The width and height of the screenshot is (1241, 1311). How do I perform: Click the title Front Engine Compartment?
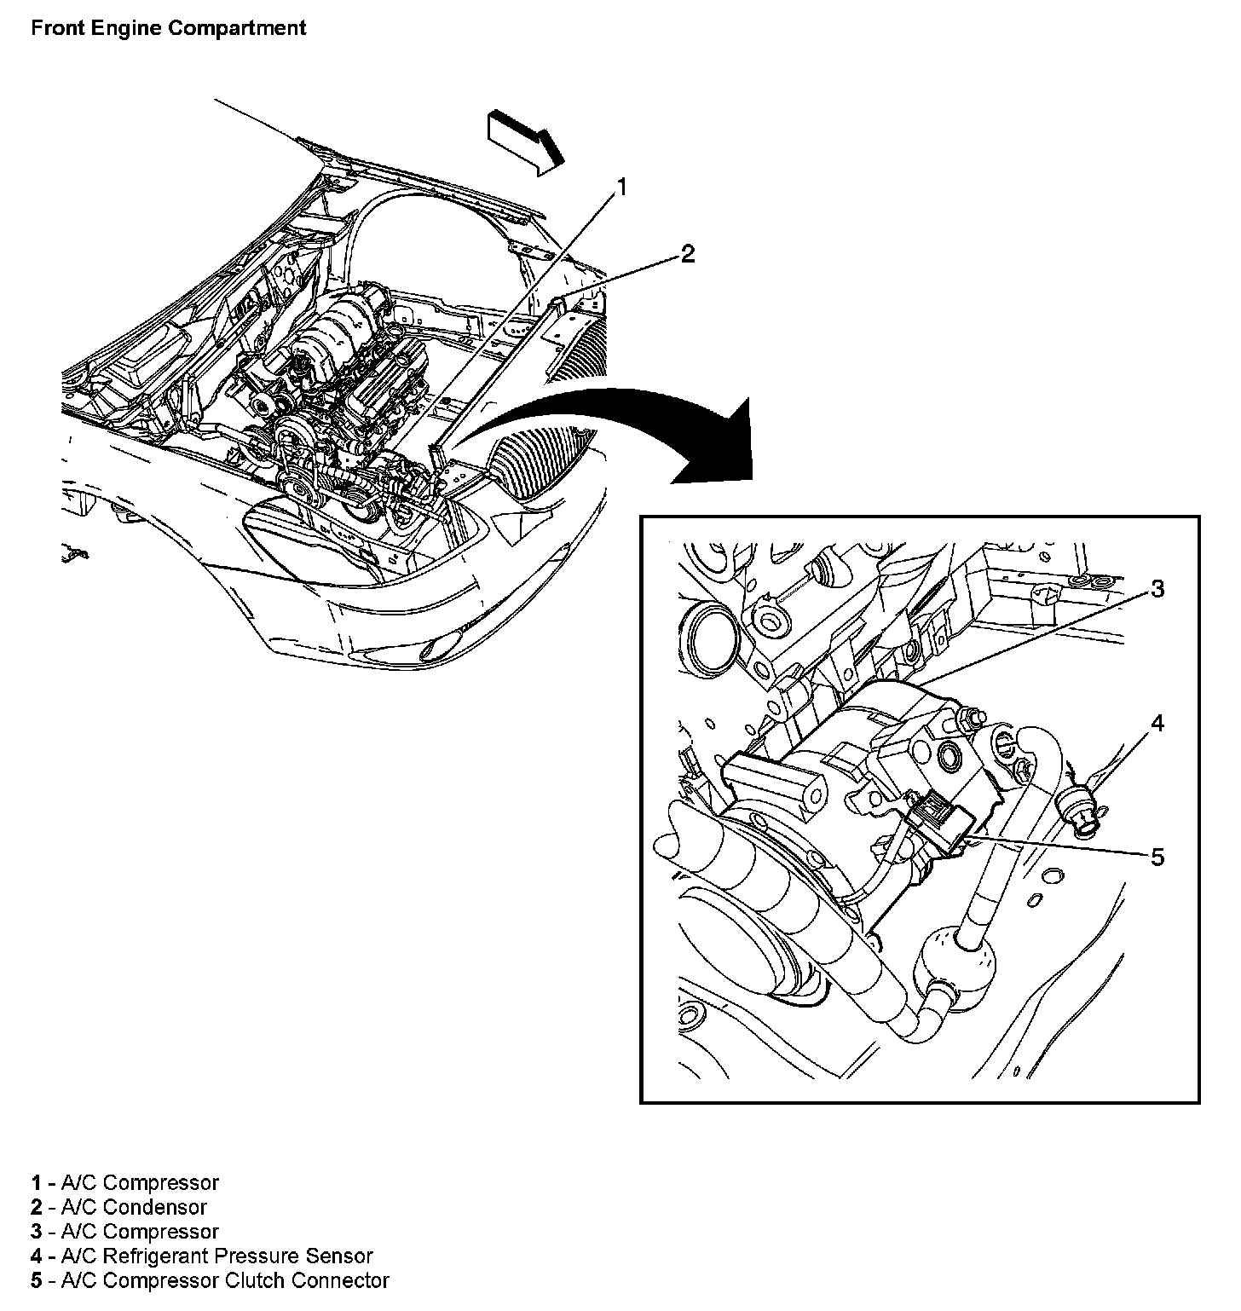[x=168, y=27]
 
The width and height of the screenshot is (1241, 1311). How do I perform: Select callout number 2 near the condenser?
[x=687, y=253]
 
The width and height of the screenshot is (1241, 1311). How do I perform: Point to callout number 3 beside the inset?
[x=1157, y=588]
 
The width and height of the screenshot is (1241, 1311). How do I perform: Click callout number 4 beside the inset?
[x=1157, y=723]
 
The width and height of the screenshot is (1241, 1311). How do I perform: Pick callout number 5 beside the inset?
[x=1157, y=857]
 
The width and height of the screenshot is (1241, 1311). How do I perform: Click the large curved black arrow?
[x=648, y=426]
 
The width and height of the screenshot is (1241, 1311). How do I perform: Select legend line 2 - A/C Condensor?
[x=119, y=1207]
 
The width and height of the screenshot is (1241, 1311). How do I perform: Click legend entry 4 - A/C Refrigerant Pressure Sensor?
[x=202, y=1256]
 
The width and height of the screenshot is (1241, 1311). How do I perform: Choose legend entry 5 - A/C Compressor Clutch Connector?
[x=210, y=1280]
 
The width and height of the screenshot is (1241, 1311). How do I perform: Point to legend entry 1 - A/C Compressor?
[x=125, y=1183]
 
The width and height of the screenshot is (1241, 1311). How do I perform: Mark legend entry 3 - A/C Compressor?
[x=125, y=1232]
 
